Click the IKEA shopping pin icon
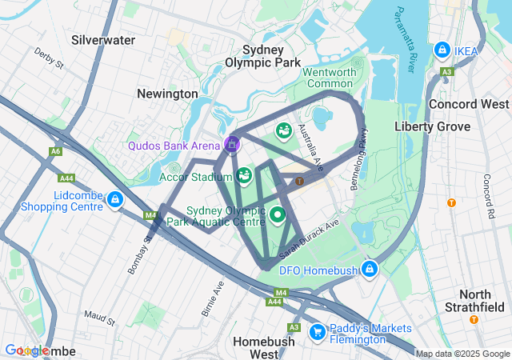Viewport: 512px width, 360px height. click(x=441, y=50)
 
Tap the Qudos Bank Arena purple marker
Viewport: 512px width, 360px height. click(x=232, y=144)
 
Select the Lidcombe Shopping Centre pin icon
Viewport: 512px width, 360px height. click(x=115, y=198)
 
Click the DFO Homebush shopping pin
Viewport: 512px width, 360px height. click(x=369, y=269)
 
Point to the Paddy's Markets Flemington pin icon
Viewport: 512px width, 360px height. click(x=317, y=330)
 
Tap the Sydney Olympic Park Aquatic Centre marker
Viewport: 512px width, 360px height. click(x=278, y=214)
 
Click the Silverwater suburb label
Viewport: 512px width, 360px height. click(x=103, y=39)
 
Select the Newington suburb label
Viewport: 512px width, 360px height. click(x=167, y=94)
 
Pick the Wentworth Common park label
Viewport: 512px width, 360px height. click(x=329, y=78)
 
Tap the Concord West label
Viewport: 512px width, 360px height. click(x=469, y=104)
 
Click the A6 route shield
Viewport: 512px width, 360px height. click(x=55, y=151)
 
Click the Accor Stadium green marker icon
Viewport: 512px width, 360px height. click(x=244, y=174)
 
